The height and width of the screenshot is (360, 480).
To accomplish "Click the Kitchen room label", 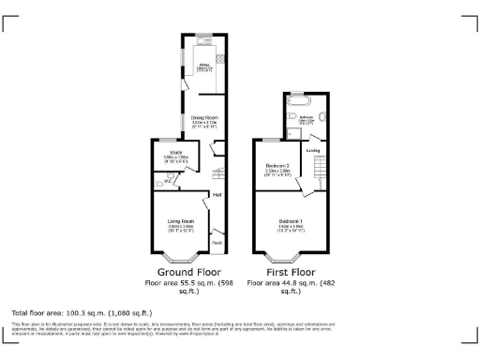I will pos(202,66).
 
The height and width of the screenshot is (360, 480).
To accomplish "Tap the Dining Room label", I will pos(204,118).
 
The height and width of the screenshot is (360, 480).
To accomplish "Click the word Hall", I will pos(217,195).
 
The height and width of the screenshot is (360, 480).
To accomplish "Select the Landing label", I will pos(313,148).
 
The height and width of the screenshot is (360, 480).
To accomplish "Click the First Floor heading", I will pos(290,272).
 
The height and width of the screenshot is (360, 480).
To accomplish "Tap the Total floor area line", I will pos(82,312).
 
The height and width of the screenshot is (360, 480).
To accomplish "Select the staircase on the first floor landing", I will pos(320,170).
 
